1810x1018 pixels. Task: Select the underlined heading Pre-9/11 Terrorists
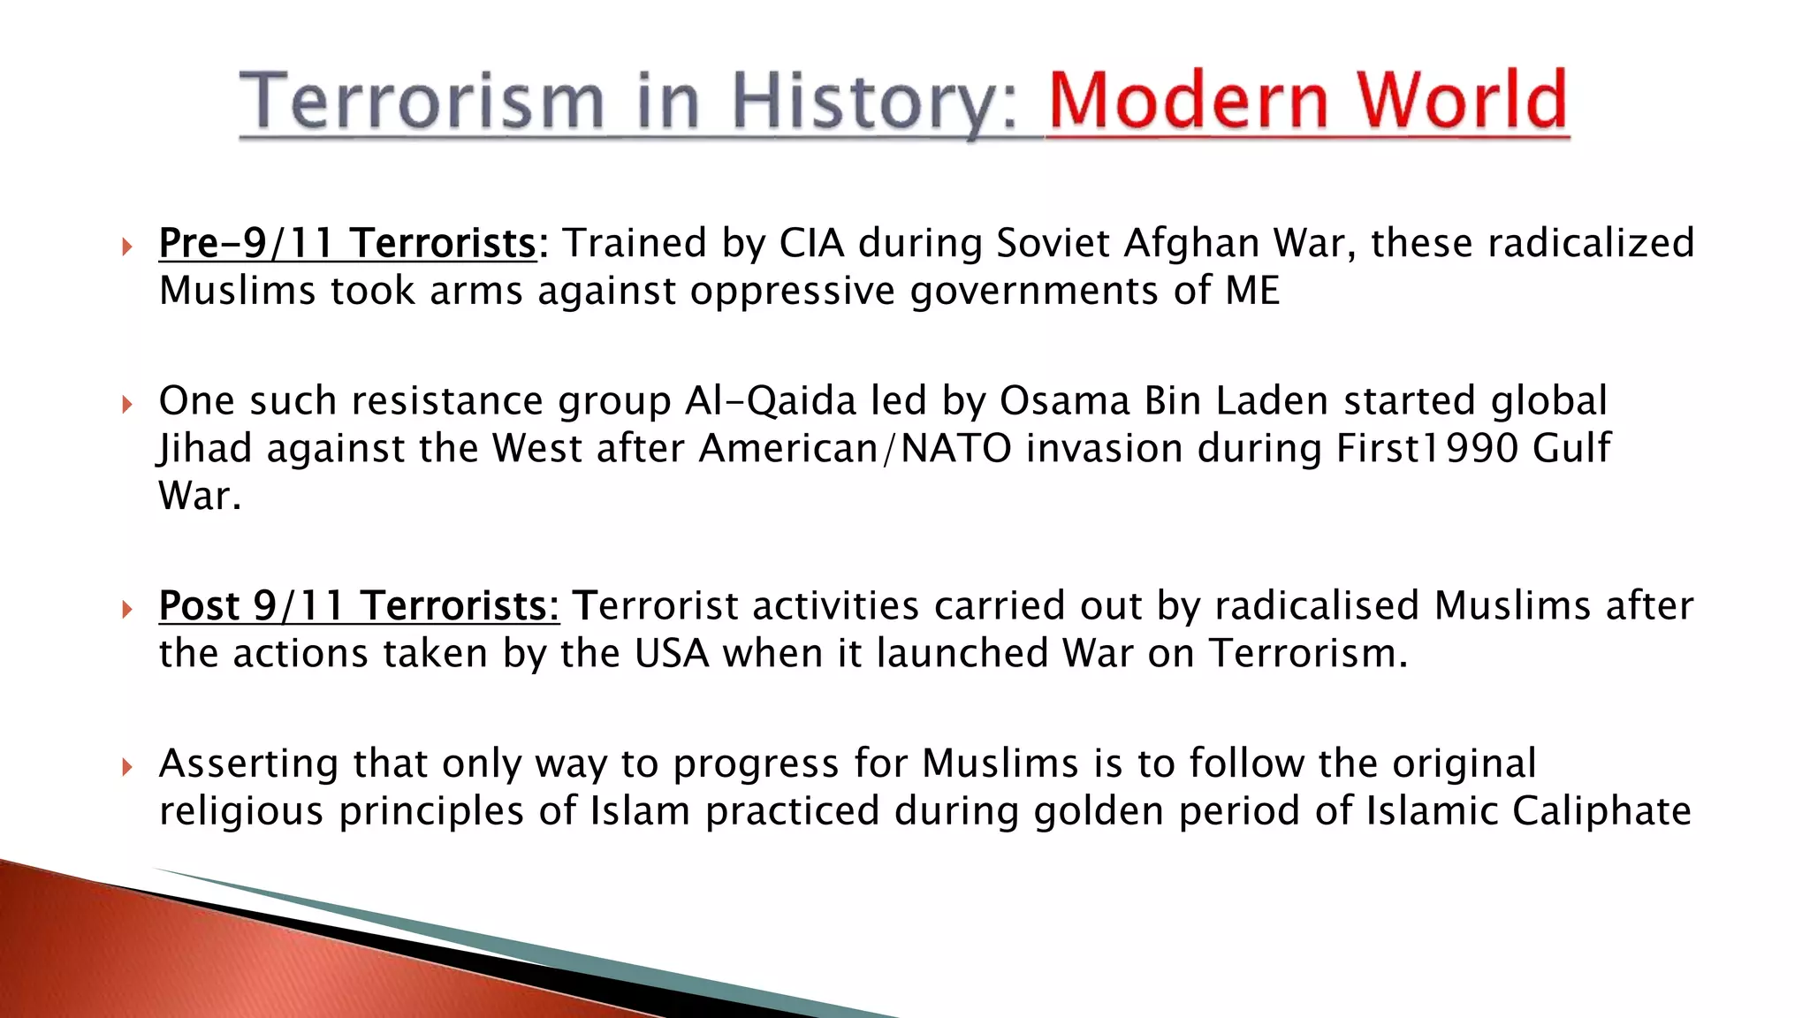point(347,243)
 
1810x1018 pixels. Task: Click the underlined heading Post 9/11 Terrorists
point(359,606)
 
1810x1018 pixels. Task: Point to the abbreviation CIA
point(811,243)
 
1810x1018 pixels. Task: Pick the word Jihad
point(206,448)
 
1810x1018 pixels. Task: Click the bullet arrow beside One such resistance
point(127,405)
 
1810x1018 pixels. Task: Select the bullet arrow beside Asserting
point(127,767)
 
